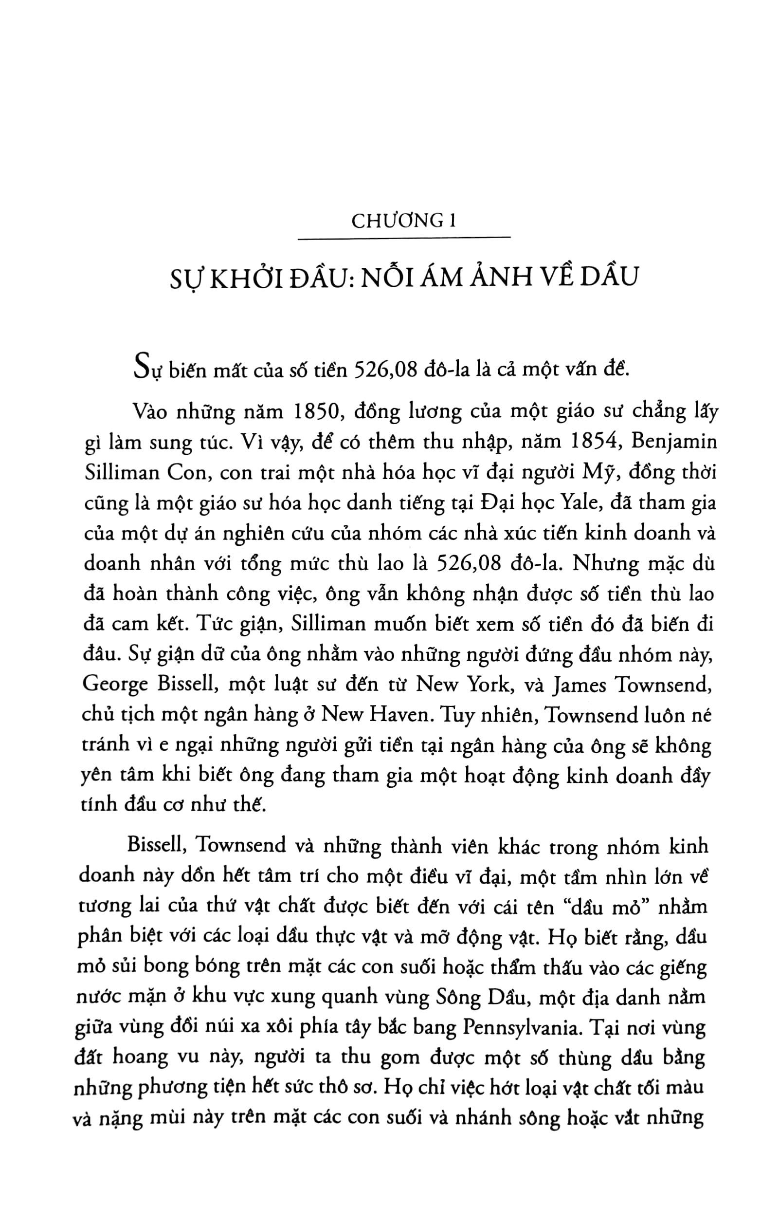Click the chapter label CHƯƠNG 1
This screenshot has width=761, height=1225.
[404, 221]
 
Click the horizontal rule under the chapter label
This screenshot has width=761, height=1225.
[404, 238]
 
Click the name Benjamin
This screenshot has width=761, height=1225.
[673, 443]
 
